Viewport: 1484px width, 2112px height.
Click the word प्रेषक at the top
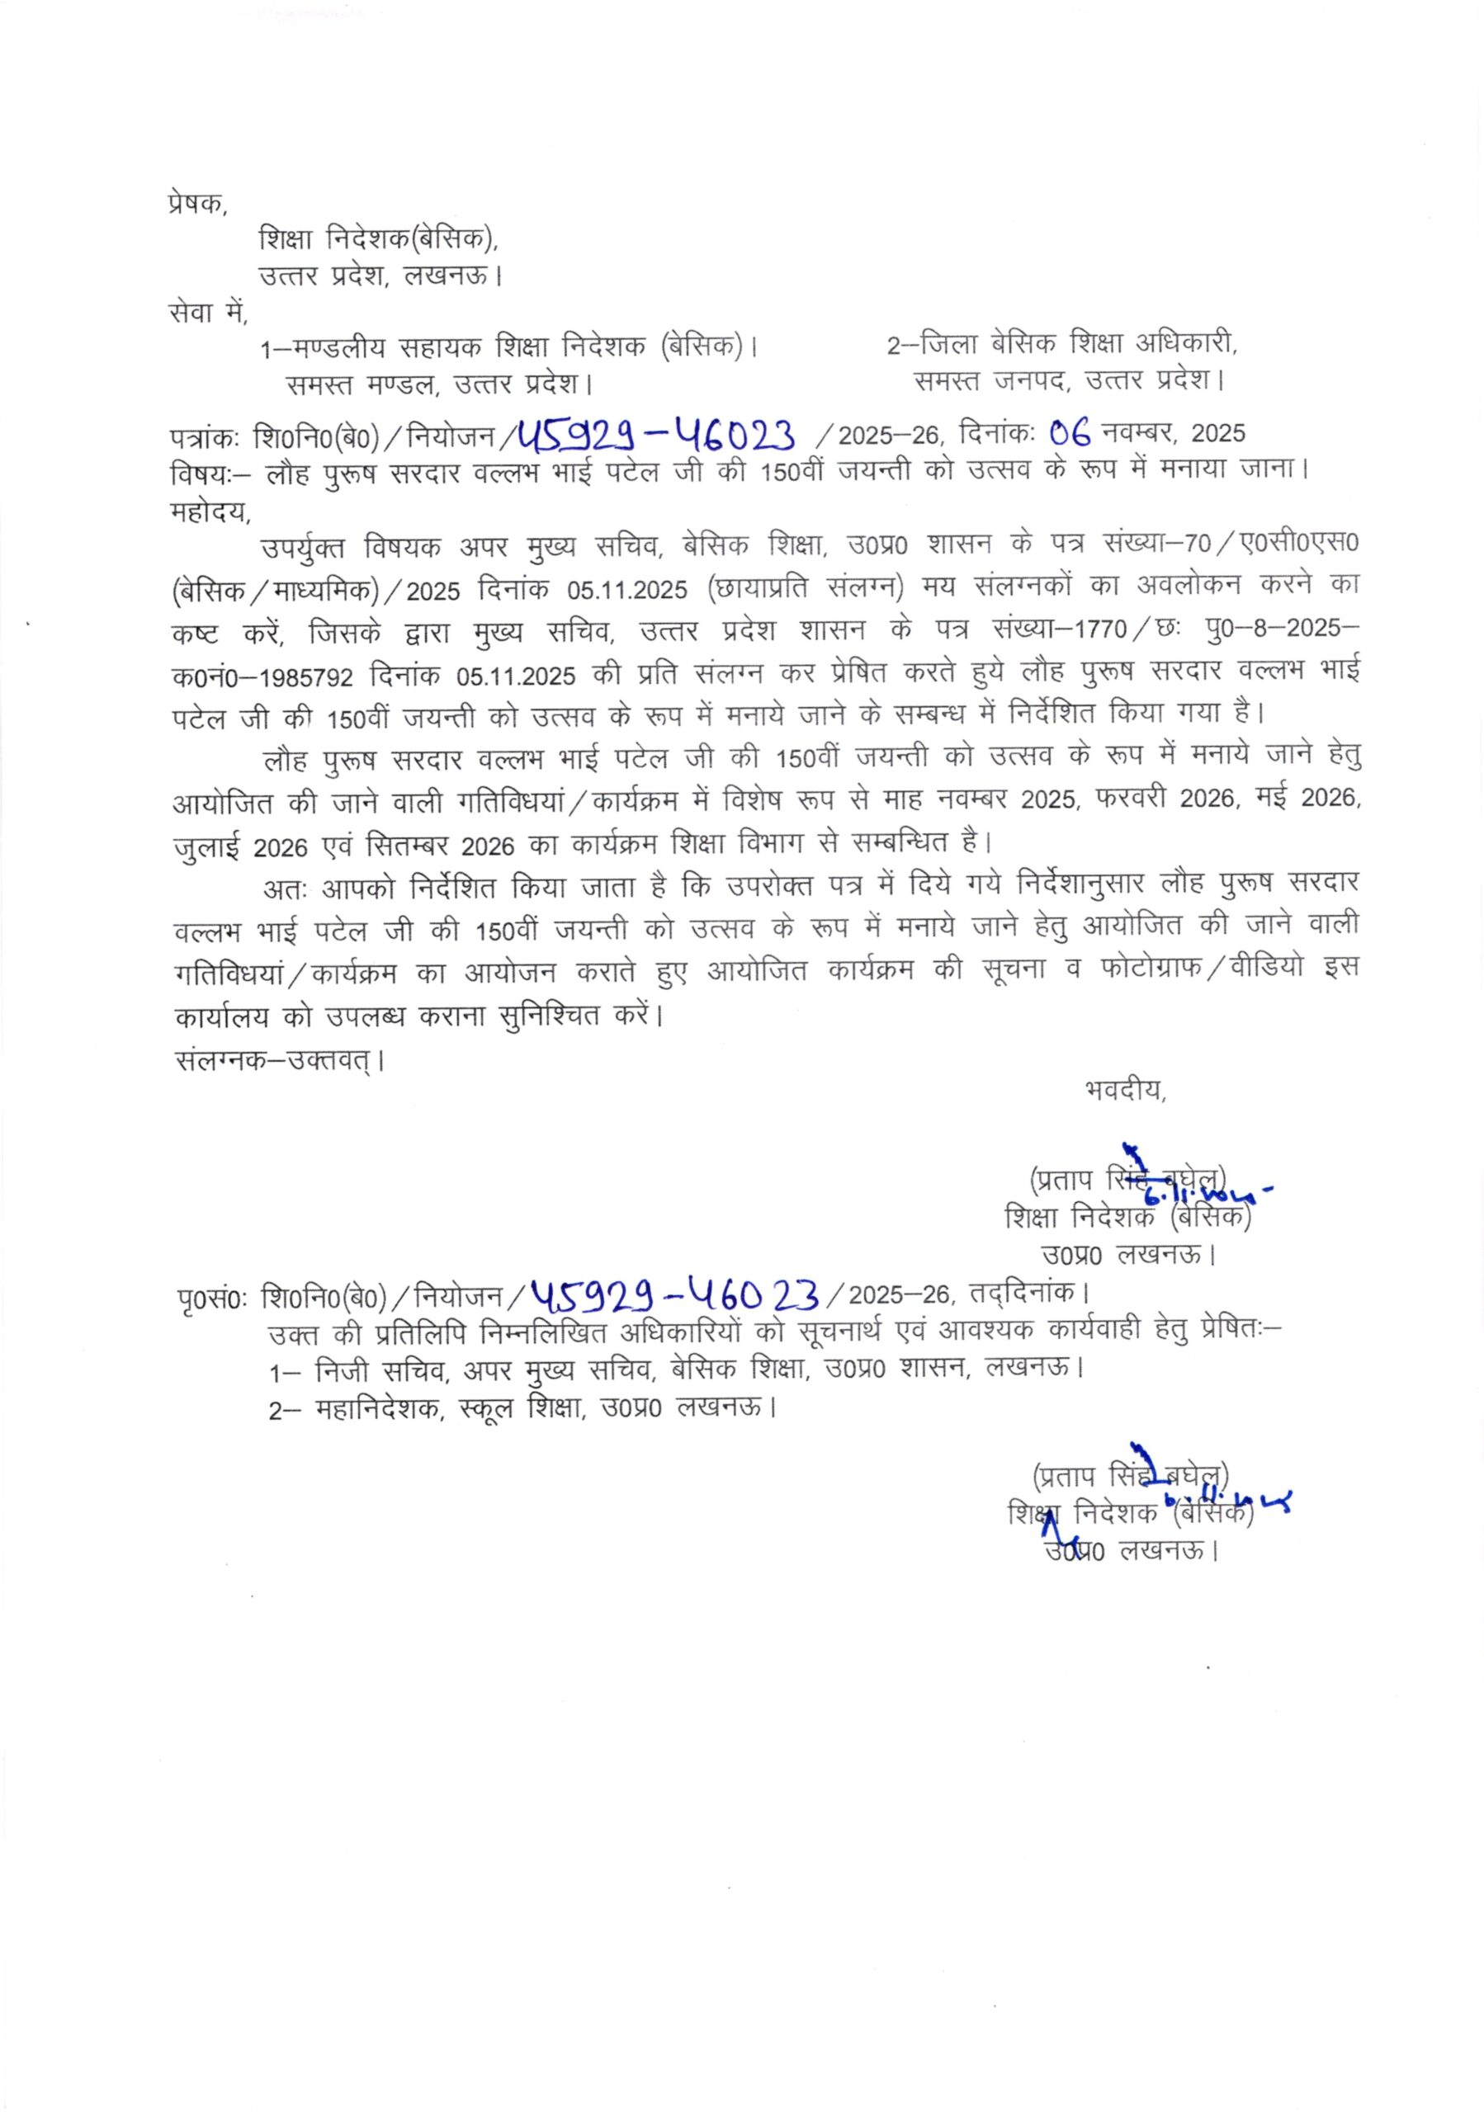(x=195, y=203)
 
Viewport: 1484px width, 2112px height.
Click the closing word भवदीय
(x=1124, y=1091)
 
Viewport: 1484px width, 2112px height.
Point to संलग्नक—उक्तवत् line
(x=278, y=1061)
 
